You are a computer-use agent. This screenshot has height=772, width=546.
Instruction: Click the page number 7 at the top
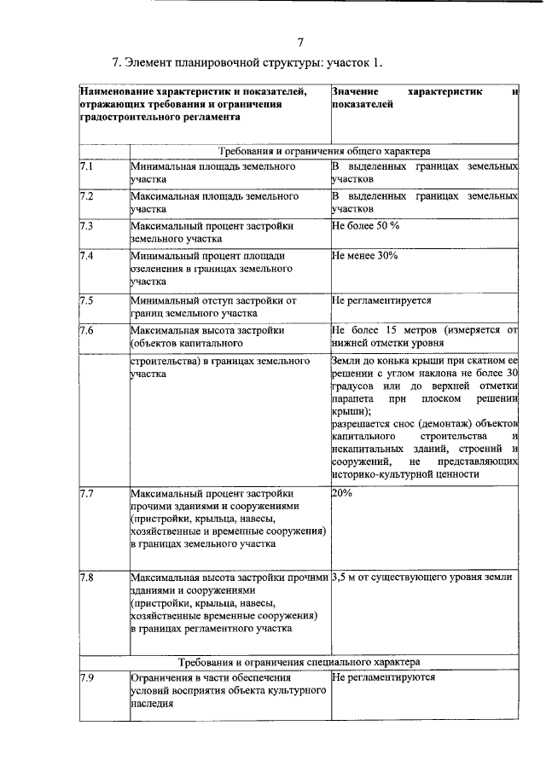[299, 43]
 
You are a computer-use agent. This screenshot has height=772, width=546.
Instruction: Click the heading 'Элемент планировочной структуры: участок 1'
[247, 63]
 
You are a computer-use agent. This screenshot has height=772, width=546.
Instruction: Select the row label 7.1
[86, 166]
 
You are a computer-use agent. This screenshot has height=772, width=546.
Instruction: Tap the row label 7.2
[86, 196]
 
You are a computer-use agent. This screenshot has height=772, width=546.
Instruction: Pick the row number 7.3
[86, 226]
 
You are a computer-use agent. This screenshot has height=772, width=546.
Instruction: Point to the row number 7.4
[86, 256]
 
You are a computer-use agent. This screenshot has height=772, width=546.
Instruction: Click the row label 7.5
[86, 300]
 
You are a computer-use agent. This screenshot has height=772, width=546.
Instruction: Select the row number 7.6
[86, 330]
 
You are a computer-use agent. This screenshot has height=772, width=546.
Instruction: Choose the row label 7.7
[86, 494]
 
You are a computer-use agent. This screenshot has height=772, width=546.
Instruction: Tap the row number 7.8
[86, 578]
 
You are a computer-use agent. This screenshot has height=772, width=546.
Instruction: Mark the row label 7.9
[86, 677]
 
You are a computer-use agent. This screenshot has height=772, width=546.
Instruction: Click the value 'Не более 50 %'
[365, 226]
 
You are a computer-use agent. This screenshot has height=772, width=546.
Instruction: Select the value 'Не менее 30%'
[364, 256]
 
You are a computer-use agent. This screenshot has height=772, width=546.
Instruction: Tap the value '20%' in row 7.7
[341, 494]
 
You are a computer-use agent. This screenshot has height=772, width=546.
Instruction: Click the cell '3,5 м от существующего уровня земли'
[421, 578]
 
